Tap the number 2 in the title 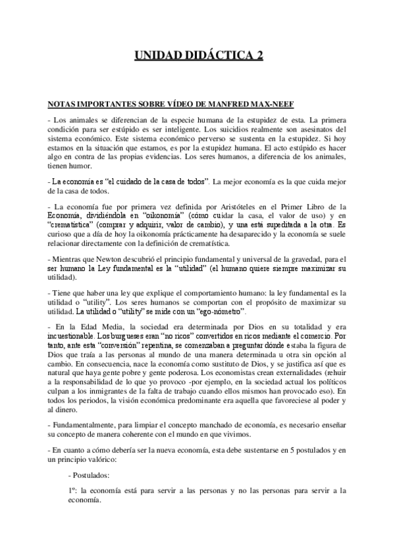point(259,57)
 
